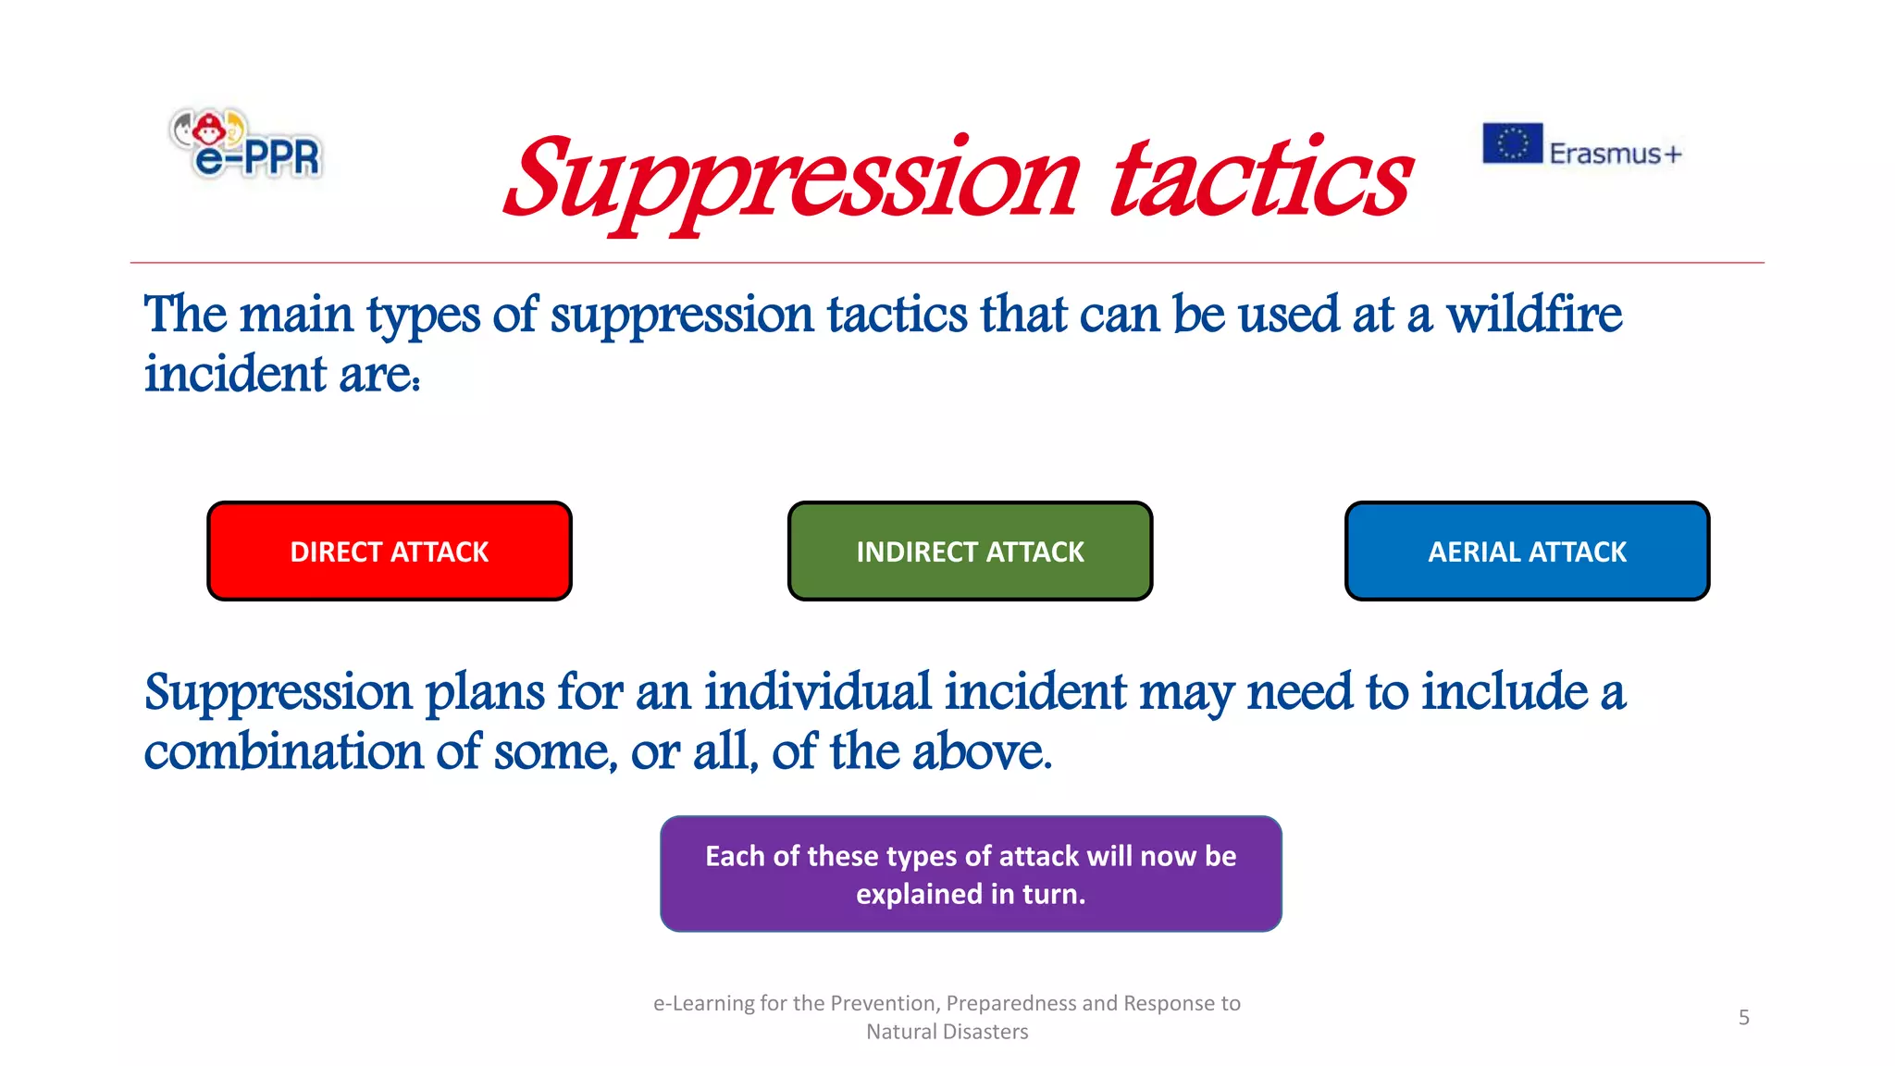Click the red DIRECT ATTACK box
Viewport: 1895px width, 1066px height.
tap(389, 552)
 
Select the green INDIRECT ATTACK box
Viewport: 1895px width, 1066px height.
tap(970, 552)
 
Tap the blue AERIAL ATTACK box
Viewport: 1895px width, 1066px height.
tap(1527, 552)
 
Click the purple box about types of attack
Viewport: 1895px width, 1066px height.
tap(971, 874)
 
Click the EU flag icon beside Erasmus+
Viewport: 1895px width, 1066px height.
tap(1512, 143)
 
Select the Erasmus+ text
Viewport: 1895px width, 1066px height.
tap(1615, 154)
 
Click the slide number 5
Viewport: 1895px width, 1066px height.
tap(1743, 1018)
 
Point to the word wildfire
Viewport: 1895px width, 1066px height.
tap(1533, 315)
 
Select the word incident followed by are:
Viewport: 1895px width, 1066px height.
tap(235, 375)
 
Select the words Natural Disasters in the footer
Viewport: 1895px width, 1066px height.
tap(947, 1032)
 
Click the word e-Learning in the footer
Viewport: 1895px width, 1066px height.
tap(703, 1003)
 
